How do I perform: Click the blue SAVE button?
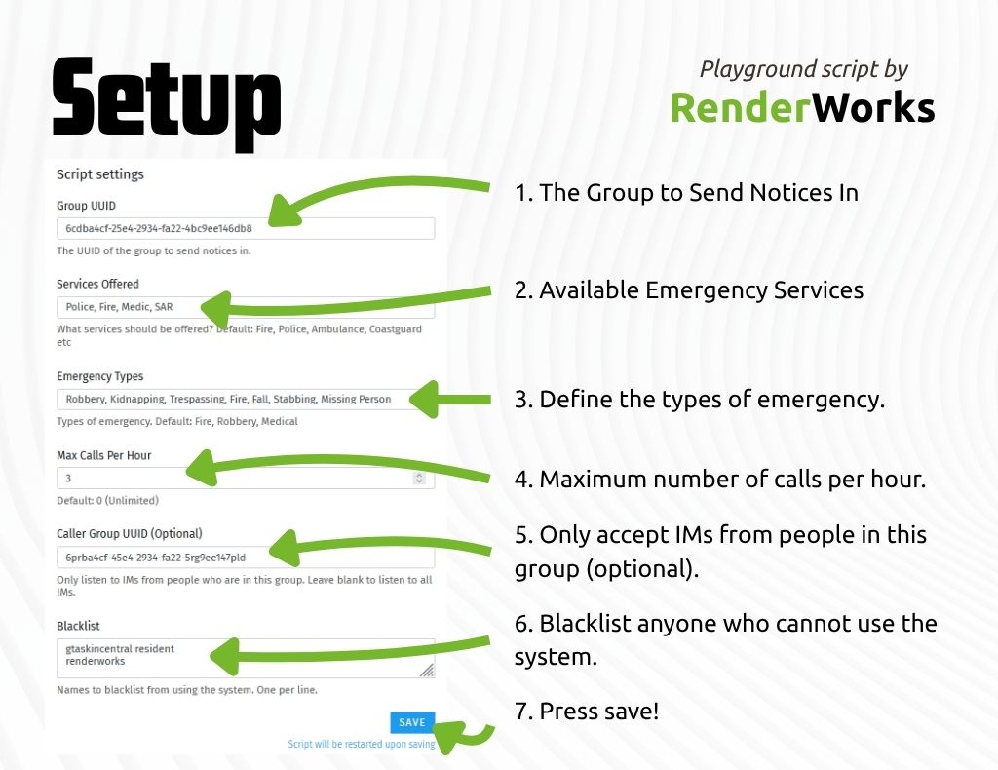tap(412, 722)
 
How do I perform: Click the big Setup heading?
tap(166, 104)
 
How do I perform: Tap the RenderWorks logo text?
tap(803, 107)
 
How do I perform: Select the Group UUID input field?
tap(246, 228)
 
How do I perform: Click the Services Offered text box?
tap(246, 307)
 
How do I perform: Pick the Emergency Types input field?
tap(246, 399)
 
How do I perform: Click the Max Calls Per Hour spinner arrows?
tap(419, 478)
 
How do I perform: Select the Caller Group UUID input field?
tap(246, 558)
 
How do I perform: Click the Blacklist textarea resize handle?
tap(427, 670)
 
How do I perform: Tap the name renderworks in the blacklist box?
tap(96, 661)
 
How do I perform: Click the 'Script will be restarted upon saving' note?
tap(362, 744)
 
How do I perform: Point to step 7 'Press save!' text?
tap(586, 711)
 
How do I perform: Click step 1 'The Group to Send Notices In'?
tap(686, 192)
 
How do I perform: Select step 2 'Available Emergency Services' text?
tap(689, 290)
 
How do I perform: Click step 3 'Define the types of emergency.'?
tap(700, 400)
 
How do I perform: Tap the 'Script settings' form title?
tap(100, 174)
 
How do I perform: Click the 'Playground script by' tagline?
tap(804, 69)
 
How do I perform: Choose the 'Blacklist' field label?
tap(78, 626)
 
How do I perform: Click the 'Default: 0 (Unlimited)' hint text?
tap(107, 501)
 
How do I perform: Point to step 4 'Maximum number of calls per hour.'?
tap(720, 480)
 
